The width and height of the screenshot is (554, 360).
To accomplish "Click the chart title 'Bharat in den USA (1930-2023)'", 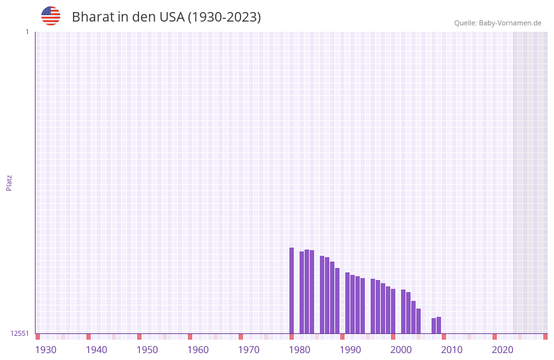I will pos(166,17).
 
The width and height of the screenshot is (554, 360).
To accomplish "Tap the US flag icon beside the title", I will pos(51,16).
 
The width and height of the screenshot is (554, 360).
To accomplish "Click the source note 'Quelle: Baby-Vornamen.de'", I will pos(498,23).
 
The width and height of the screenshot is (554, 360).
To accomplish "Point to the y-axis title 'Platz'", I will pos(9,182).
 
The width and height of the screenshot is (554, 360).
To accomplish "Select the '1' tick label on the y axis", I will pos(27,32).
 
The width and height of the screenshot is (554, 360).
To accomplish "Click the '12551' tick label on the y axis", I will pos(19,333).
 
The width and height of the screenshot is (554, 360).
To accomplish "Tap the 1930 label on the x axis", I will pos(46,350).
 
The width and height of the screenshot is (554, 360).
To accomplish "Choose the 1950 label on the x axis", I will pos(147,350).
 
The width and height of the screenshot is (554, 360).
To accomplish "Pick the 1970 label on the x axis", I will pos(249,350).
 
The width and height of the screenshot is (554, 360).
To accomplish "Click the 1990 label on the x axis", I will pos(350,350).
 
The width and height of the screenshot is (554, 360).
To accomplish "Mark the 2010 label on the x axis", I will pos(452,350).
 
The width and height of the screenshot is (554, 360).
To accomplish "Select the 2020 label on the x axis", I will pos(503,350).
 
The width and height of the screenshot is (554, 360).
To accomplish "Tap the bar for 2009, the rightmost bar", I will pos(439,325).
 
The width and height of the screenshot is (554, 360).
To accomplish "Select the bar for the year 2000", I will pos(393,311).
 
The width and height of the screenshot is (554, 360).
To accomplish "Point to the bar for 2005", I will pos(419,321).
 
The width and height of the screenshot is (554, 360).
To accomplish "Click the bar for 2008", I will pos(434,326).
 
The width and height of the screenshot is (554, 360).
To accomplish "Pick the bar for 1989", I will pos(338,300).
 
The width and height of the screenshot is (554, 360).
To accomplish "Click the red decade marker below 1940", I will pos(89,337).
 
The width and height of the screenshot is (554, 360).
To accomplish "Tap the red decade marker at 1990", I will pos(343,337).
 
